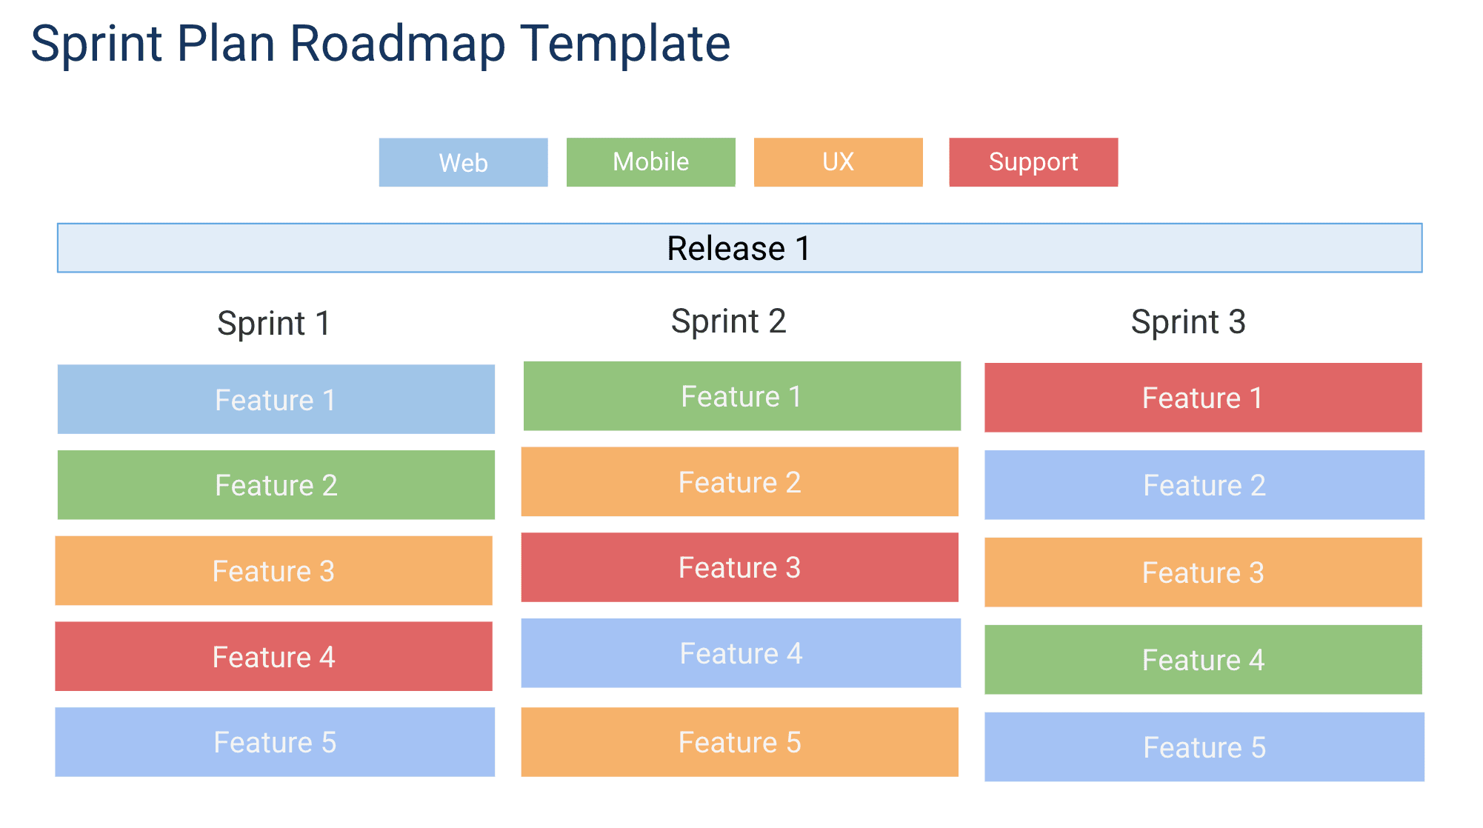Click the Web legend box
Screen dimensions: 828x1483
point(463,162)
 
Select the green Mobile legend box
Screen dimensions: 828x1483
point(650,162)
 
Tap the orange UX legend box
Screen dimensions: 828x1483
point(838,162)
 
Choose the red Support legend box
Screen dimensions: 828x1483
point(1033,162)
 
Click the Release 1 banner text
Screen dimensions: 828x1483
point(739,248)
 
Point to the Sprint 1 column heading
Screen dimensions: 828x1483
point(274,324)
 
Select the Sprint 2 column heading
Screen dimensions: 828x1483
point(728,321)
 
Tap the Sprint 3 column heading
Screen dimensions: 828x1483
point(1188,322)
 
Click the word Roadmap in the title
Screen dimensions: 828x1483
point(397,44)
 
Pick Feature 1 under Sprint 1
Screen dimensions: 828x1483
point(276,399)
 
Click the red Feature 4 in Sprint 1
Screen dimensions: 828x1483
point(273,657)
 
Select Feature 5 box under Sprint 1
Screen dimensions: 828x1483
point(275,742)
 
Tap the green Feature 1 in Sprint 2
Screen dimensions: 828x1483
point(741,396)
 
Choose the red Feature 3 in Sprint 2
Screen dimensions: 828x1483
point(739,567)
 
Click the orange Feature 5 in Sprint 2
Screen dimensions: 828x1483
point(739,742)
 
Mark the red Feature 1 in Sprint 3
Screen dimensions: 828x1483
point(1202,398)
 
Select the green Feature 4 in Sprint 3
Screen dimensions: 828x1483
point(1202,660)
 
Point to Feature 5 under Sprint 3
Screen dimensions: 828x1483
point(1204,747)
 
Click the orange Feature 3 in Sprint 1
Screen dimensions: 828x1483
point(273,571)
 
